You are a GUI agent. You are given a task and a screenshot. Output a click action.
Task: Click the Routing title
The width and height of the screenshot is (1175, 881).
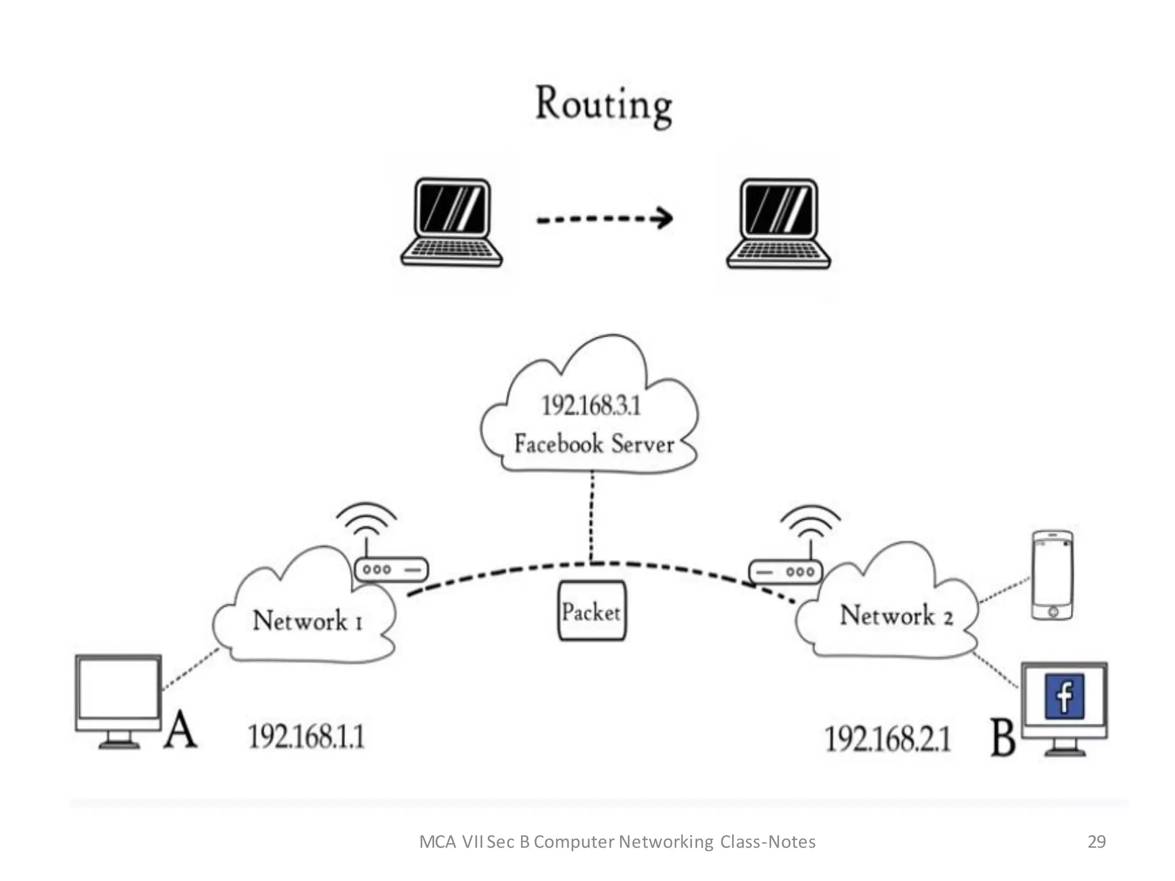(x=603, y=104)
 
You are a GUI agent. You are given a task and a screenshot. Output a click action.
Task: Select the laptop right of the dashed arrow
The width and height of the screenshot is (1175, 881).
(x=779, y=223)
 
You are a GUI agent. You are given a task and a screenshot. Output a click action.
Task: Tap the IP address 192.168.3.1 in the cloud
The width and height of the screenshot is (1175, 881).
(x=590, y=406)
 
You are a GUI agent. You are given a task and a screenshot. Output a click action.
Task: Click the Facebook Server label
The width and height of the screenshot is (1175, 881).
(x=594, y=444)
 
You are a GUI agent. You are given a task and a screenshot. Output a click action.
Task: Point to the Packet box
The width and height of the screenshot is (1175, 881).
(x=592, y=611)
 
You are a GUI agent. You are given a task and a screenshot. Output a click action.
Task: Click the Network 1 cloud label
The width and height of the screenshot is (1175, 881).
(x=308, y=621)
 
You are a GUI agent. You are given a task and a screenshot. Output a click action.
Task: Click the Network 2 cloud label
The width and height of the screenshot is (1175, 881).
(x=896, y=615)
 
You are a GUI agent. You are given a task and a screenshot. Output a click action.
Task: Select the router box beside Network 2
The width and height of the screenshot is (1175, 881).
(x=785, y=572)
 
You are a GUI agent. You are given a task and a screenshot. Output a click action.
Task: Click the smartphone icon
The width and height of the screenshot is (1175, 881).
(x=1052, y=575)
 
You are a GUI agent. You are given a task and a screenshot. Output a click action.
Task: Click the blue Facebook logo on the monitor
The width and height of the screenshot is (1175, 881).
(x=1064, y=696)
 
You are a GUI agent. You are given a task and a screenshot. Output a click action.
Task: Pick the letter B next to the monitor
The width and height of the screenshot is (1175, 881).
(x=1002, y=738)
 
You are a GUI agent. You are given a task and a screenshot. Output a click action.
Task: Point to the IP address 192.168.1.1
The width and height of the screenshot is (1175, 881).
(x=306, y=736)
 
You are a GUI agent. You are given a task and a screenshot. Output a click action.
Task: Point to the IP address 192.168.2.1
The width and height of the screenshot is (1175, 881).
(x=887, y=739)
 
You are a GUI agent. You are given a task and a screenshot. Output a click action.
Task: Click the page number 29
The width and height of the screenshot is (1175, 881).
(x=1096, y=841)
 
